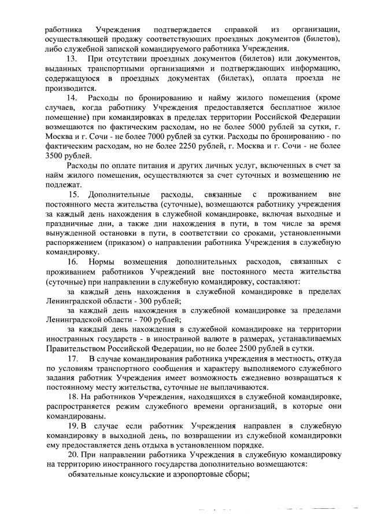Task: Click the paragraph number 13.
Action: coord(72,60)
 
